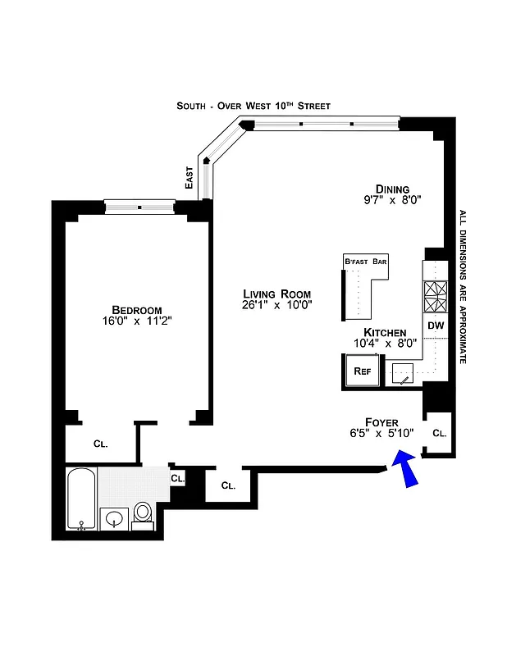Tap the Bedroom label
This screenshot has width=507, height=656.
137,310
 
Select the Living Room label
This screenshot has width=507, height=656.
277,294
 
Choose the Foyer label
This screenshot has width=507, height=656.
381,422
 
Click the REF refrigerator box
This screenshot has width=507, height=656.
362,371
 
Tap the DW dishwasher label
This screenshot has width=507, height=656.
436,326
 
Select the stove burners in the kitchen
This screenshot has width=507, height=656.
436,296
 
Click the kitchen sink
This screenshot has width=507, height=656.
404,375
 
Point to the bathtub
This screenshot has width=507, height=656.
80,499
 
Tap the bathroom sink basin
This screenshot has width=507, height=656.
114,519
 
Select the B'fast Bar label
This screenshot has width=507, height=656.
365,262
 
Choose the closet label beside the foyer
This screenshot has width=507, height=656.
439,433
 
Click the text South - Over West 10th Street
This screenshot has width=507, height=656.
253,106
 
